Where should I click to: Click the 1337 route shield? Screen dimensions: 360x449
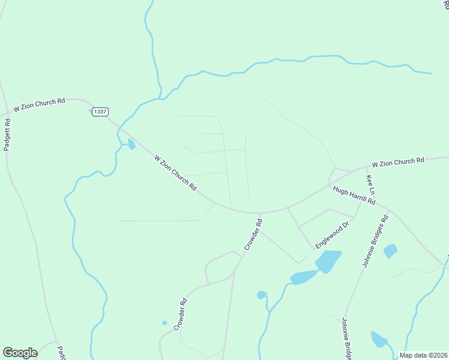pos(100,112)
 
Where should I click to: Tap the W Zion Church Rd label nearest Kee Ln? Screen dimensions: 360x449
pos(397,161)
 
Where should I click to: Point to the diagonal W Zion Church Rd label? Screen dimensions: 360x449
pos(175,173)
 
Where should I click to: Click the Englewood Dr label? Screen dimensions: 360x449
pos(333,234)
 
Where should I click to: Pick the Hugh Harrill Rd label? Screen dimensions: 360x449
pos(354,196)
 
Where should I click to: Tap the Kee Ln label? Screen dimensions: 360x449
pos(371,185)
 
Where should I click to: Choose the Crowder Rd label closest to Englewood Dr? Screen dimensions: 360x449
pos(253,234)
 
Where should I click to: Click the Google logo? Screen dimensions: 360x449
pos(20,353)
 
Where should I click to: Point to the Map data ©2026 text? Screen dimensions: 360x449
pos(424,355)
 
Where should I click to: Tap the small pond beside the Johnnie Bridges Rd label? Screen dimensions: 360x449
pos(390,251)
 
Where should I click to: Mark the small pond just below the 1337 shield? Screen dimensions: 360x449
pos(131,144)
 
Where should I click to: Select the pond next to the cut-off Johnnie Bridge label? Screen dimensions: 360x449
pos(378,340)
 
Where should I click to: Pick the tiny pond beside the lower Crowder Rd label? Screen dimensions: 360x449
pos(164,323)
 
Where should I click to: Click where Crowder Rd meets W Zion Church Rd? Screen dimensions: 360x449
pos(261,213)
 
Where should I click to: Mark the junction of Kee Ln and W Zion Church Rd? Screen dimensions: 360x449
pos(366,169)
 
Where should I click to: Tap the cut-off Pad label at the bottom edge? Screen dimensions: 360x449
pos(61,352)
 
